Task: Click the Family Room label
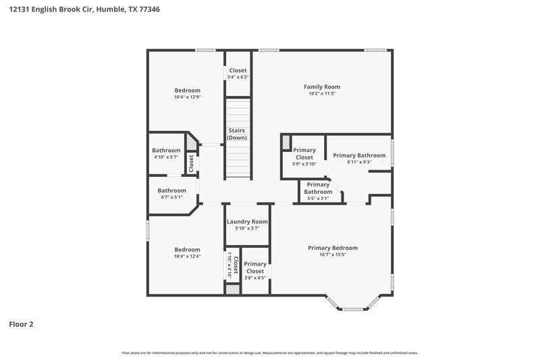point(321,86)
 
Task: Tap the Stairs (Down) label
point(236,134)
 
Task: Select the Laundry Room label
point(247,222)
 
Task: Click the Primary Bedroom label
point(333,248)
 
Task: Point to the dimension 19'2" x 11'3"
point(321,94)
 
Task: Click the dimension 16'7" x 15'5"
point(333,255)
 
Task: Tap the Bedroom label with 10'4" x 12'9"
point(187,91)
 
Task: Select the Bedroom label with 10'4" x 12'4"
point(187,249)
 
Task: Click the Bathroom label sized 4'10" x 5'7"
point(166,151)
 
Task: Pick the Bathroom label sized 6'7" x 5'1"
point(171,190)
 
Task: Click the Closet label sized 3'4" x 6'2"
point(238,70)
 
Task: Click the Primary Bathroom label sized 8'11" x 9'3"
point(358,155)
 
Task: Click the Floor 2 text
point(21,324)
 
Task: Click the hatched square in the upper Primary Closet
point(286,142)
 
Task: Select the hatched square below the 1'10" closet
point(232,289)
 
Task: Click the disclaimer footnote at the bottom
point(270,353)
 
